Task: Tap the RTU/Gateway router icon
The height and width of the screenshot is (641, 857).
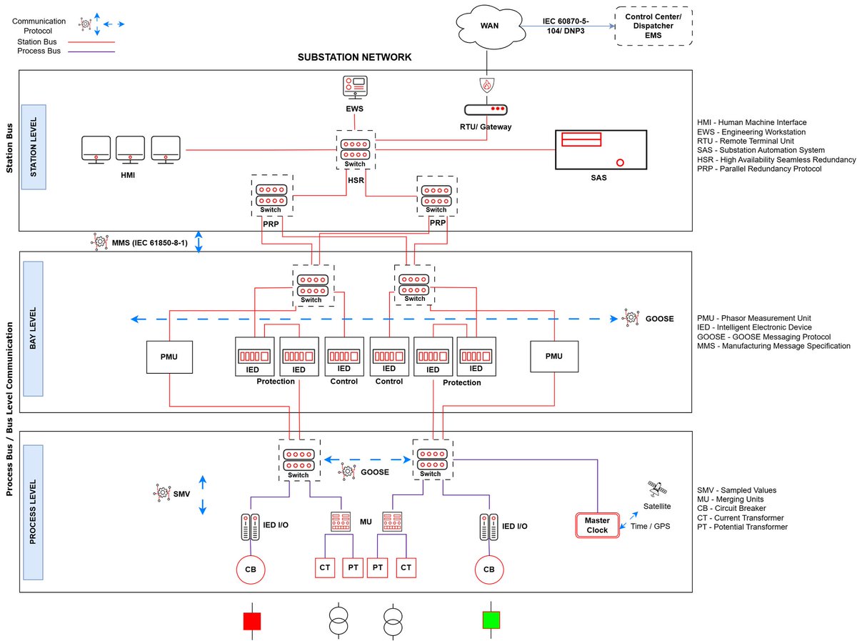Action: pyautogui.click(x=486, y=110)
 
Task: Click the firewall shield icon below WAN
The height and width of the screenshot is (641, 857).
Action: pyautogui.click(x=486, y=84)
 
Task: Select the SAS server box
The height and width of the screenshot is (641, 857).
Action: pyautogui.click(x=600, y=149)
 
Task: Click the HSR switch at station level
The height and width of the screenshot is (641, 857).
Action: pyautogui.click(x=355, y=149)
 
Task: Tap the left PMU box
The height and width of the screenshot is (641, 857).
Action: pyautogui.click(x=169, y=356)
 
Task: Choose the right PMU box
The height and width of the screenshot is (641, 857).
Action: pyautogui.click(x=553, y=356)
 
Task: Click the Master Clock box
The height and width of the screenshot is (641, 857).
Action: pyautogui.click(x=596, y=525)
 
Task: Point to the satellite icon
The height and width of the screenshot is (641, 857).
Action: pyautogui.click(x=653, y=489)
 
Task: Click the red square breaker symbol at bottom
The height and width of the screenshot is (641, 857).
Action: pyautogui.click(x=252, y=620)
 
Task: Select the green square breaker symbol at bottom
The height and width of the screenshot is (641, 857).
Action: pyautogui.click(x=490, y=620)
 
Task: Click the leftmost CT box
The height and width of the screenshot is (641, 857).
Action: pyautogui.click(x=325, y=567)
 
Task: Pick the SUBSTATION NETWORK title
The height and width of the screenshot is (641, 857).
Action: pyautogui.click(x=354, y=57)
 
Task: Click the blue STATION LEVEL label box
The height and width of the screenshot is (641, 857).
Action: pyautogui.click(x=34, y=147)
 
